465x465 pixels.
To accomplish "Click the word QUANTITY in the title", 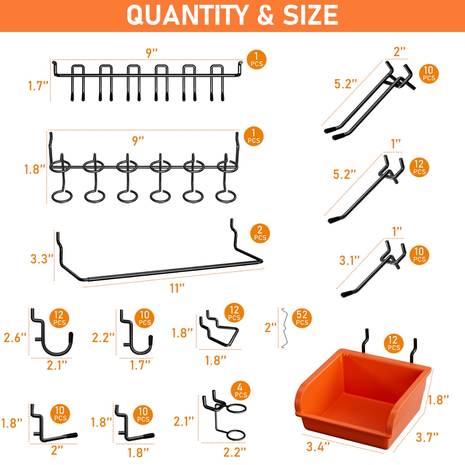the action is pyautogui.click(x=187, y=15).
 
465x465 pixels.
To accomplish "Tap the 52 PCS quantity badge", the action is pyautogui.click(x=302, y=318).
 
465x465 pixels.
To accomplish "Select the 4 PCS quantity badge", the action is pyautogui.click(x=241, y=391).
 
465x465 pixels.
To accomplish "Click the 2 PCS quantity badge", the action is pyautogui.click(x=260, y=233).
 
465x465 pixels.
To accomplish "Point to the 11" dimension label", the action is pyautogui.click(x=177, y=288).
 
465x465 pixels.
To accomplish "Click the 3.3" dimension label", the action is pyautogui.click(x=42, y=259).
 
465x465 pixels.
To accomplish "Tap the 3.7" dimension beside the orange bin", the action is pyautogui.click(x=427, y=437).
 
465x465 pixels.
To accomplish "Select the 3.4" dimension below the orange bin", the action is pyautogui.click(x=318, y=446).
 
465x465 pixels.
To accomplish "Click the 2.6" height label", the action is pyautogui.click(x=15, y=338).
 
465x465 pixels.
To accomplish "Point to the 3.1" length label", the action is pyautogui.click(x=349, y=260).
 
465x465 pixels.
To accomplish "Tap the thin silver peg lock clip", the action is pyautogui.click(x=284, y=328).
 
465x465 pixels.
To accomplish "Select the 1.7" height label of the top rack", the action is pyautogui.click(x=38, y=86).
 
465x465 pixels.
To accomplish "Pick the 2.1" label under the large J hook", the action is pyautogui.click(x=57, y=365).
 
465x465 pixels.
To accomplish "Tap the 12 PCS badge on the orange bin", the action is pyautogui.click(x=394, y=343).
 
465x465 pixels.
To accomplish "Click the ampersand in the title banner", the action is pyautogui.click(x=266, y=15).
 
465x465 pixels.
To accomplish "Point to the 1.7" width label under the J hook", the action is pyautogui.click(x=140, y=365).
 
